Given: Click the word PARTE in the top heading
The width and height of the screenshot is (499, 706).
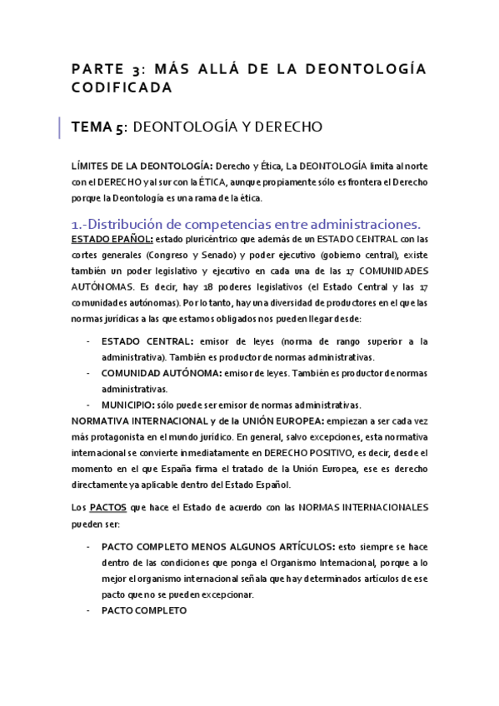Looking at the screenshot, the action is tap(93, 69).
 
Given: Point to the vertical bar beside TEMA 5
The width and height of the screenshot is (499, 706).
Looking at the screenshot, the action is tap(60, 127).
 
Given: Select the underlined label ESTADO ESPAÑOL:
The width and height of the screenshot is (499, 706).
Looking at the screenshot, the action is tap(107, 239).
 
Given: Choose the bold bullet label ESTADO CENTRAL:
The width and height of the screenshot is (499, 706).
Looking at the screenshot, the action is tap(147, 341).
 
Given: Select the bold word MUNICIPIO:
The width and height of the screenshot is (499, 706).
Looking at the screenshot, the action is tap(128, 404).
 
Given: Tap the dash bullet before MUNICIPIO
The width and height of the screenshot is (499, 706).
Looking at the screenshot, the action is tap(89, 404).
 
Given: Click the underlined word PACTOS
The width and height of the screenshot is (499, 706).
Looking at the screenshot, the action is tap(108, 506).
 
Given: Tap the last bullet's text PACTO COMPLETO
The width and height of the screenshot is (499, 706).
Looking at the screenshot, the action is tap(143, 609).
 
